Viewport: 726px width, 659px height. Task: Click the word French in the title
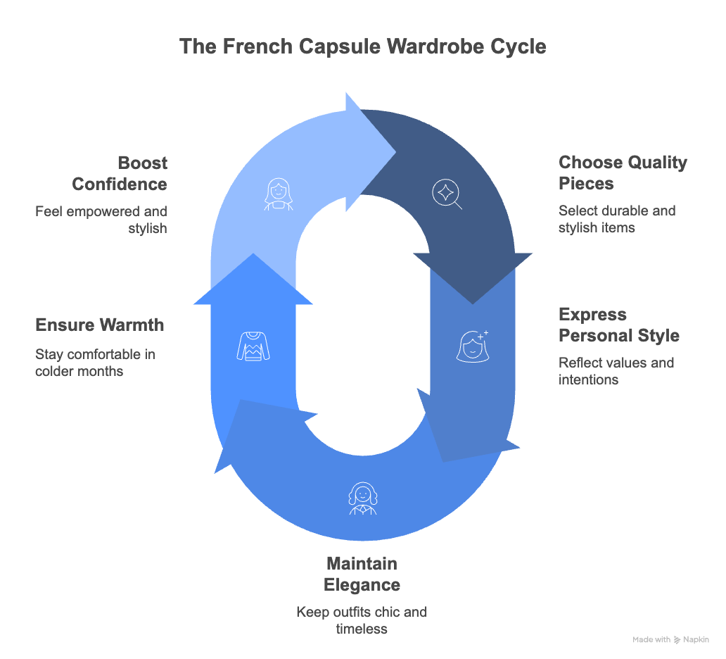(247, 46)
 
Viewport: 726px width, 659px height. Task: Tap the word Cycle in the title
(518, 46)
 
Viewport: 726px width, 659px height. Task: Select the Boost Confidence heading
(120, 173)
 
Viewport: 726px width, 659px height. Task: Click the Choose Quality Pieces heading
(623, 173)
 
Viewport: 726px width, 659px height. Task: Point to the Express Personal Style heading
(619, 325)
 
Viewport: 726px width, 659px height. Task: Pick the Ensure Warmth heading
(99, 325)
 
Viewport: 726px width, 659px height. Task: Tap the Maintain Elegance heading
(362, 574)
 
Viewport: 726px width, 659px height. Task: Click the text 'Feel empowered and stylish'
(101, 220)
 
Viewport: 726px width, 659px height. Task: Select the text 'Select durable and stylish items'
(617, 219)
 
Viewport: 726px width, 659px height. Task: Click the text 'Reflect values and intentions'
(616, 371)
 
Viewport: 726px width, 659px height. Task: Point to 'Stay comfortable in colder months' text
(95, 362)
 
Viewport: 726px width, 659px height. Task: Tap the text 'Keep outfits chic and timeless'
(362, 620)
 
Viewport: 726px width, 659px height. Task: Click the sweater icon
(253, 347)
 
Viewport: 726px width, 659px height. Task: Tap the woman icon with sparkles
(472, 346)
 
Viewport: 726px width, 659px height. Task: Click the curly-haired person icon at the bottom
(362, 498)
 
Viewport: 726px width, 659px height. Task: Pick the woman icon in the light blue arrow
(279, 194)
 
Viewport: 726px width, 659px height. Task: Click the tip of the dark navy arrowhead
(472, 303)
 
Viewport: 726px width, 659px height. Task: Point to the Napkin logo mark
(677, 640)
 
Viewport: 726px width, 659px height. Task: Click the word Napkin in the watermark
(696, 640)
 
